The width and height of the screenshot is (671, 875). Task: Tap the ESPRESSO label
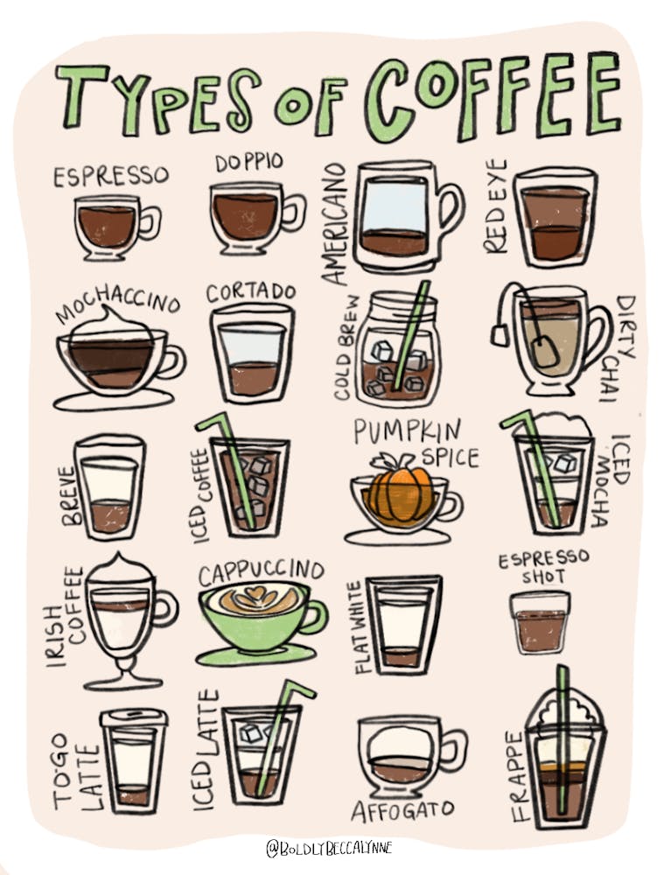pos(110,176)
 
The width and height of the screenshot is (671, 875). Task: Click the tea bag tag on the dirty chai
pos(500,334)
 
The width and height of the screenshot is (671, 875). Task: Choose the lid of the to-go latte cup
pos(134,717)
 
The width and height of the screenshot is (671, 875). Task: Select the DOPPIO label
pos(248,163)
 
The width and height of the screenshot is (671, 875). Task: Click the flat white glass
pos(403,623)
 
